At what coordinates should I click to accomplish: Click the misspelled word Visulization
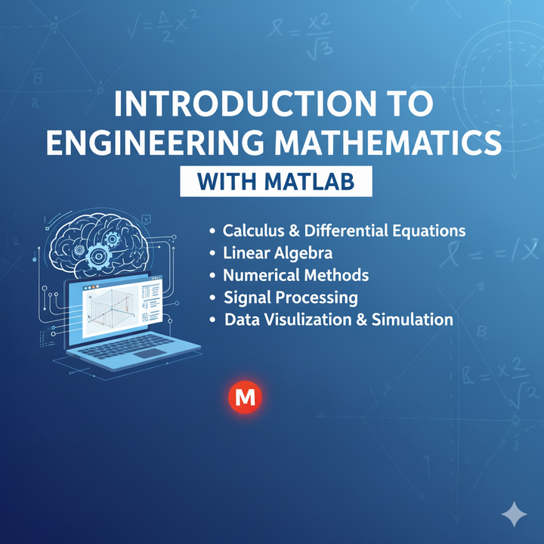click(x=301, y=319)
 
